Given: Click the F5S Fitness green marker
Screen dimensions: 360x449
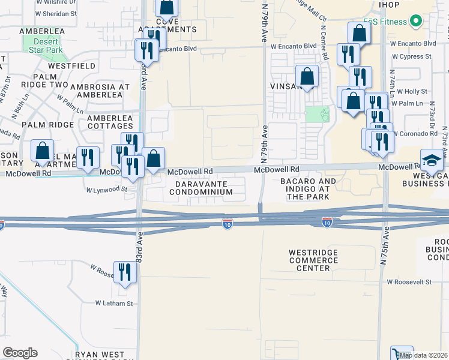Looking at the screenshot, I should [x=415, y=22].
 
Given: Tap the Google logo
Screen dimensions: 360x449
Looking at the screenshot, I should [x=20, y=352].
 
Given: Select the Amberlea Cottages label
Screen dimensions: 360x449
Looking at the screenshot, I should [x=110, y=122].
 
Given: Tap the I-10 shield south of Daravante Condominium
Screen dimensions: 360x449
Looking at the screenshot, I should [x=227, y=223].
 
